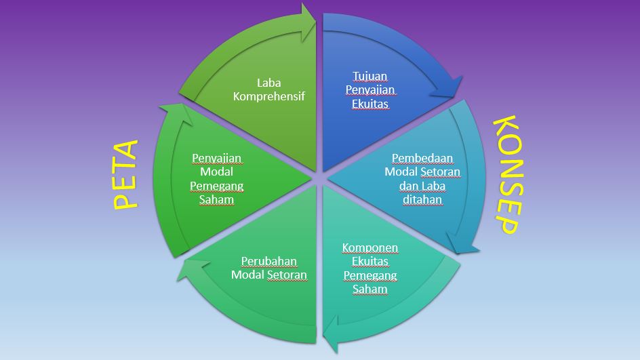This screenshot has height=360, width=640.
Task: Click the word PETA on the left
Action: [x=125, y=174]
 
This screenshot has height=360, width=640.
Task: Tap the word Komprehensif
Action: [x=268, y=96]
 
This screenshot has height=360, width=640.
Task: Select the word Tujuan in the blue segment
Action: [x=370, y=75]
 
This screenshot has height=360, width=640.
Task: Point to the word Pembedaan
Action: [x=422, y=158]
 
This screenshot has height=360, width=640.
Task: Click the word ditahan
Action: [x=422, y=199]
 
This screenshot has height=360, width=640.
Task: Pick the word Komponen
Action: [x=370, y=247]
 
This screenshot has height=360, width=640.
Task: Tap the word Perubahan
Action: [x=269, y=261]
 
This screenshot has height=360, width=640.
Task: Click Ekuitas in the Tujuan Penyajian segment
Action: [x=370, y=104]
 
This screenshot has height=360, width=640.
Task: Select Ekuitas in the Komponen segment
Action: [x=370, y=261]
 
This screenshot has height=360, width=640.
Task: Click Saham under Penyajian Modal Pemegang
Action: [x=217, y=199]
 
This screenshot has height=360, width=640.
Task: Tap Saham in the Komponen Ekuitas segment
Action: [x=370, y=289]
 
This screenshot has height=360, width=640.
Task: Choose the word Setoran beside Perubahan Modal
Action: [x=286, y=275]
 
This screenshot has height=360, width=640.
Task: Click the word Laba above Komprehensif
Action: [x=268, y=83]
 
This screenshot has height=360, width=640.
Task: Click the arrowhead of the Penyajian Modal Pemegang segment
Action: [x=172, y=114]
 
